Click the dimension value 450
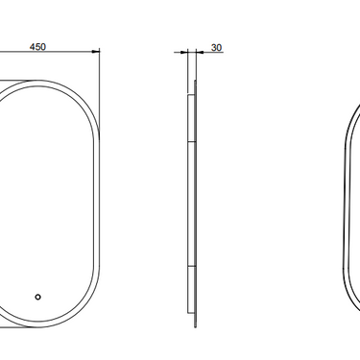(37, 47)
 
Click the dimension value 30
(216, 48)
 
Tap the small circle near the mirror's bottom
(37, 297)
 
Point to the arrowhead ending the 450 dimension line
(96, 51)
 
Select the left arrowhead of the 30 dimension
(184, 52)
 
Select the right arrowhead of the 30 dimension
(200, 52)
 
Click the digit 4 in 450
(33, 47)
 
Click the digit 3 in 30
(214, 48)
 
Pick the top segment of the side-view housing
(191, 118)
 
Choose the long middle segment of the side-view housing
(191, 204)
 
